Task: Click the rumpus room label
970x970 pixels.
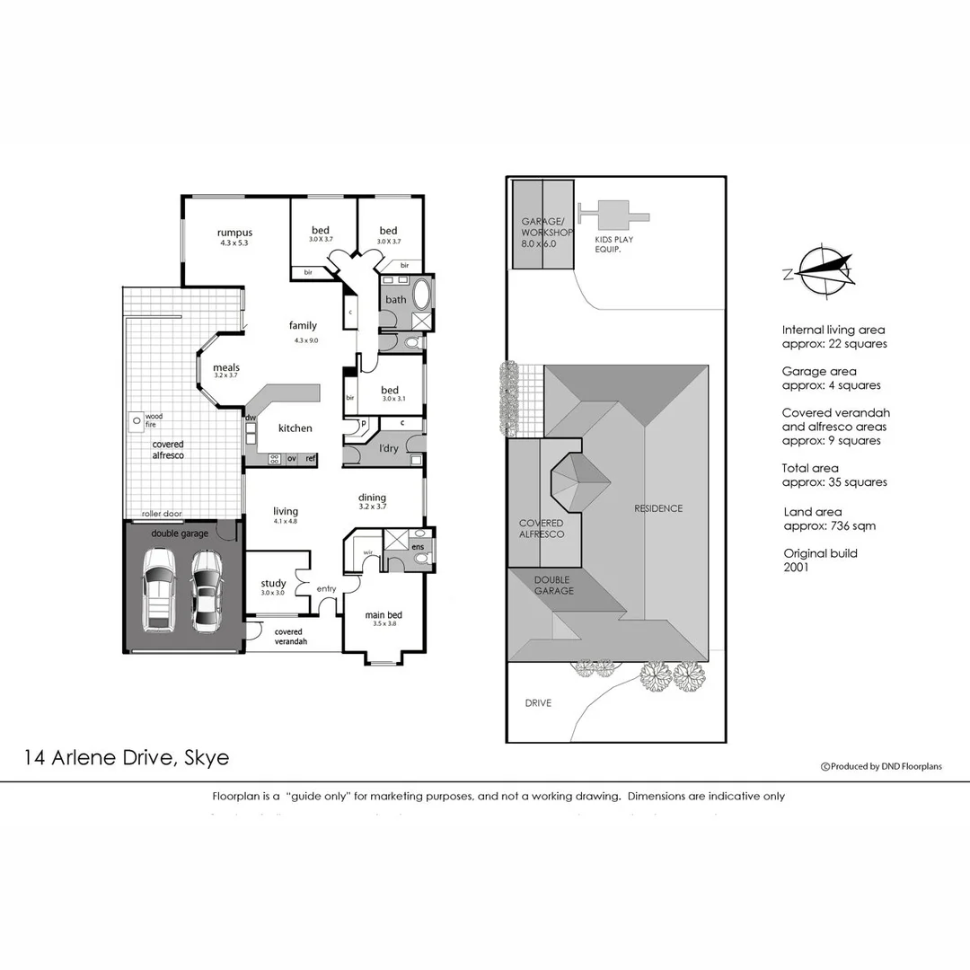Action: [234, 234]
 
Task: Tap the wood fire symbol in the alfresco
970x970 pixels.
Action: [135, 419]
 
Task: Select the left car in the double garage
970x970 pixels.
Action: [160, 590]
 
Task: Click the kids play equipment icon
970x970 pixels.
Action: [614, 215]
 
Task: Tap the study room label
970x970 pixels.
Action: [273, 584]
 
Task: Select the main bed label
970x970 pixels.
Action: [382, 615]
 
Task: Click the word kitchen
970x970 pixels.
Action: [295, 428]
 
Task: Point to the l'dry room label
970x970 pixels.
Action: [388, 447]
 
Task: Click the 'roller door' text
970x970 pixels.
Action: [162, 515]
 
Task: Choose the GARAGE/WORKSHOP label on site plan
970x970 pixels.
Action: [542, 232]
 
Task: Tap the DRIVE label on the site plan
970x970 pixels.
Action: [538, 703]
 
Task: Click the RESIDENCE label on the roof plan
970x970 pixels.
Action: [658, 508]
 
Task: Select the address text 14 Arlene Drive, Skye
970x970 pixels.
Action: [127, 757]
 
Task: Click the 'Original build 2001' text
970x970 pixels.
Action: [820, 560]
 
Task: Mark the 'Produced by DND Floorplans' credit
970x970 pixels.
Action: [881, 766]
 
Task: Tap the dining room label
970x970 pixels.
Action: [372, 498]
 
